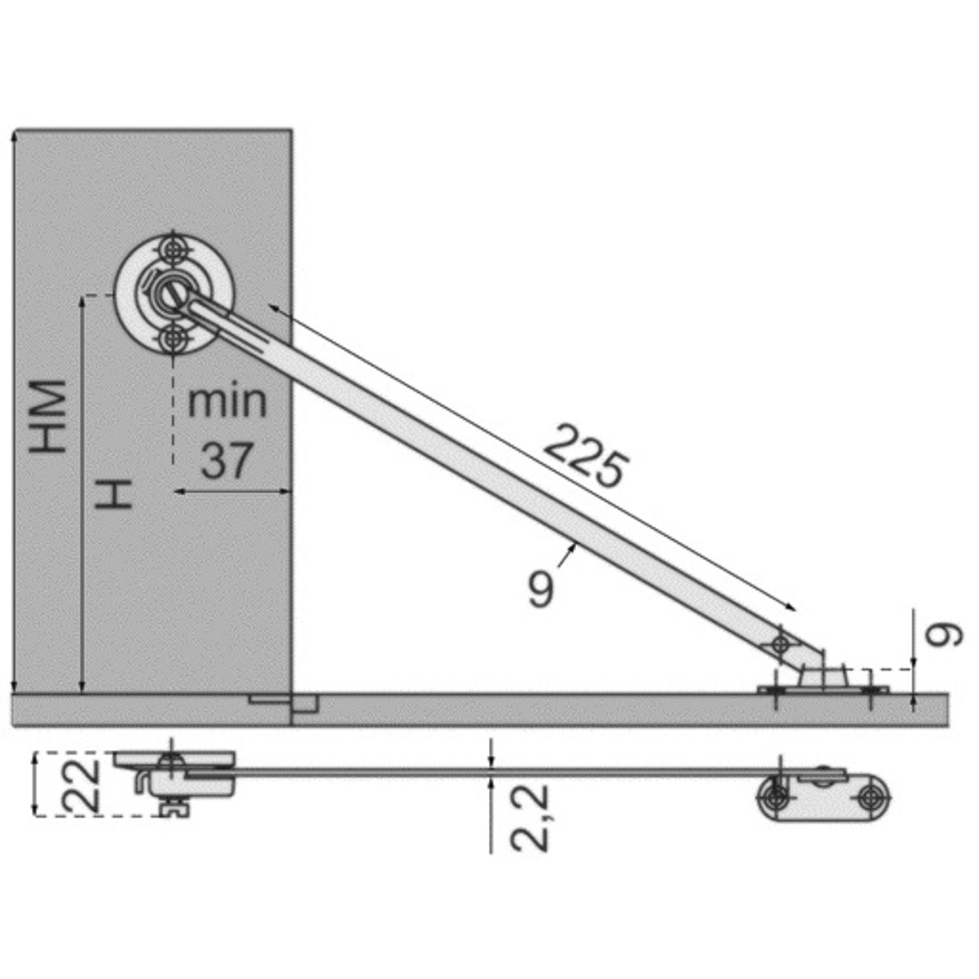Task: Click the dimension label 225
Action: click(x=587, y=456)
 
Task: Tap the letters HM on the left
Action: click(x=48, y=416)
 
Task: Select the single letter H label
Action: click(x=114, y=494)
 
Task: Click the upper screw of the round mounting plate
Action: click(x=173, y=250)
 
